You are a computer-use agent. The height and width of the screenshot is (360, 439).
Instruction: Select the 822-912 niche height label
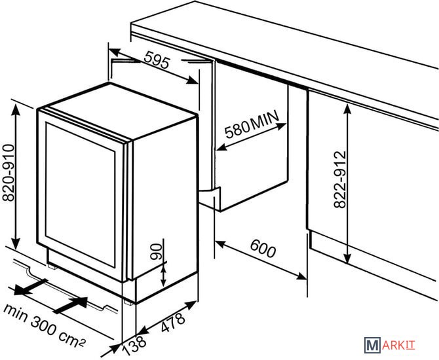click(340, 179)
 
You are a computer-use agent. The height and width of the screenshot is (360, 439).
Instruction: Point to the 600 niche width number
click(263, 248)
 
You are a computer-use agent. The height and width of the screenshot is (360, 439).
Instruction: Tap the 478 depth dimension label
click(173, 322)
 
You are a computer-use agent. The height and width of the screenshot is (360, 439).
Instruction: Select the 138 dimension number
click(134, 344)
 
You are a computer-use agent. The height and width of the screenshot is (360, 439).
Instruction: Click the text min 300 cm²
click(44, 325)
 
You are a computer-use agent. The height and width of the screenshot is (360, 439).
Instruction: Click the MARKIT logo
click(390, 345)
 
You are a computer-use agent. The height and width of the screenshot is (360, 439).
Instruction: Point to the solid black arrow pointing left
click(30, 287)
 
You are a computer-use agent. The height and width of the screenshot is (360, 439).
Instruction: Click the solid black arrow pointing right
click(71, 305)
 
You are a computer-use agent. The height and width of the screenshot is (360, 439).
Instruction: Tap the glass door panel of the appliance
click(81, 194)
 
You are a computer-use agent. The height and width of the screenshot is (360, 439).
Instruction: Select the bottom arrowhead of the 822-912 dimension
click(347, 257)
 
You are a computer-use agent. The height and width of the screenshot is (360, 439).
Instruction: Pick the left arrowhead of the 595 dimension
click(115, 52)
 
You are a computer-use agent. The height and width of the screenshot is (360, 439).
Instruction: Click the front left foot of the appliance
click(52, 266)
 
